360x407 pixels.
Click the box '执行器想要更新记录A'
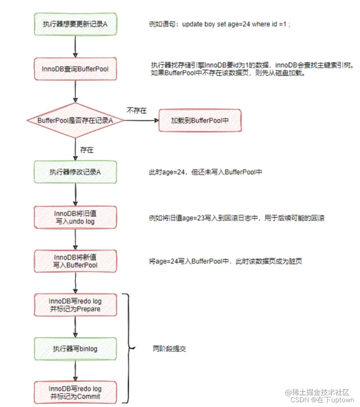tap(75, 24)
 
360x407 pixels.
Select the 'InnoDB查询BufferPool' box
tap(75, 69)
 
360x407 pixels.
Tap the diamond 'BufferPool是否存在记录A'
tap(75, 120)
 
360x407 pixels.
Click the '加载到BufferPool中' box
tap(200, 120)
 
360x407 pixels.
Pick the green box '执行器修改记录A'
tap(75, 172)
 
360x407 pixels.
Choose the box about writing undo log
tap(75, 218)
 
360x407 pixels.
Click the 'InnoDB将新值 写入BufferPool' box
tap(75, 261)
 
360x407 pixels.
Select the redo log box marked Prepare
tap(75, 305)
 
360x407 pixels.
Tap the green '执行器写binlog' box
tap(75, 349)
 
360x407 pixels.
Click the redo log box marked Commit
tap(75, 393)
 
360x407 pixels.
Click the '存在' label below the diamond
tap(87, 150)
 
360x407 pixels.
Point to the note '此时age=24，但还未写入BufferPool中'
tap(206, 172)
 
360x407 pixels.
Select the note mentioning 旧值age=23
tap(236, 218)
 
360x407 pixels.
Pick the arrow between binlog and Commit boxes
tap(75, 371)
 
